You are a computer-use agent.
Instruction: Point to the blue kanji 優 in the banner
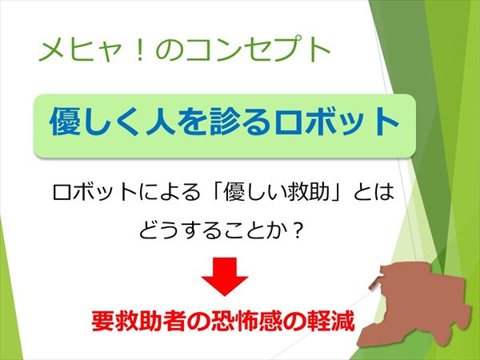[x=66, y=122]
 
